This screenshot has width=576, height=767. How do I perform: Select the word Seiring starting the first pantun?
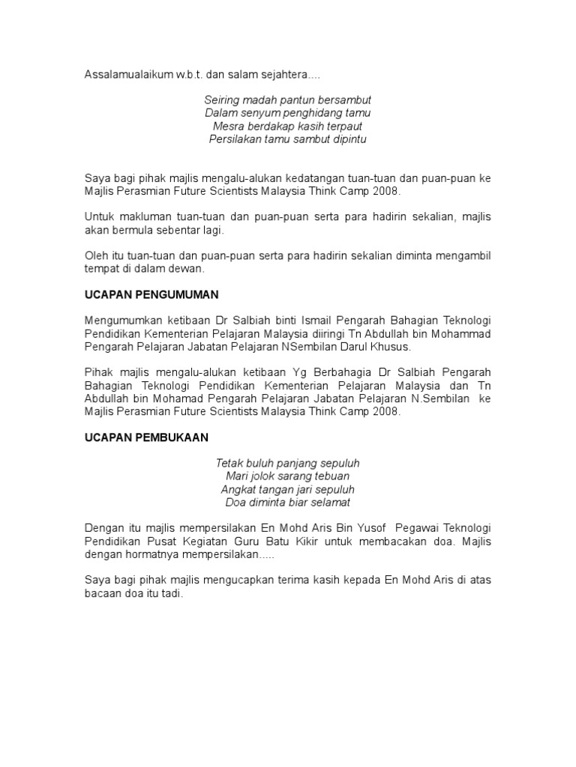(223, 100)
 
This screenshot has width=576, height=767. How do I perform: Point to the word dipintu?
(347, 139)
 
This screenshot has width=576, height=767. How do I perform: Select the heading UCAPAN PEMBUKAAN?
(146, 437)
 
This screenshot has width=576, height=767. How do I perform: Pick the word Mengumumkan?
(120, 321)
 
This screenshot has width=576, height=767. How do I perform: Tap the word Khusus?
(391, 348)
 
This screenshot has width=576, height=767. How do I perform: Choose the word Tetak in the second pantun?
(229, 464)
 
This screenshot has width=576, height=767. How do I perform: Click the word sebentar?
(168, 230)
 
